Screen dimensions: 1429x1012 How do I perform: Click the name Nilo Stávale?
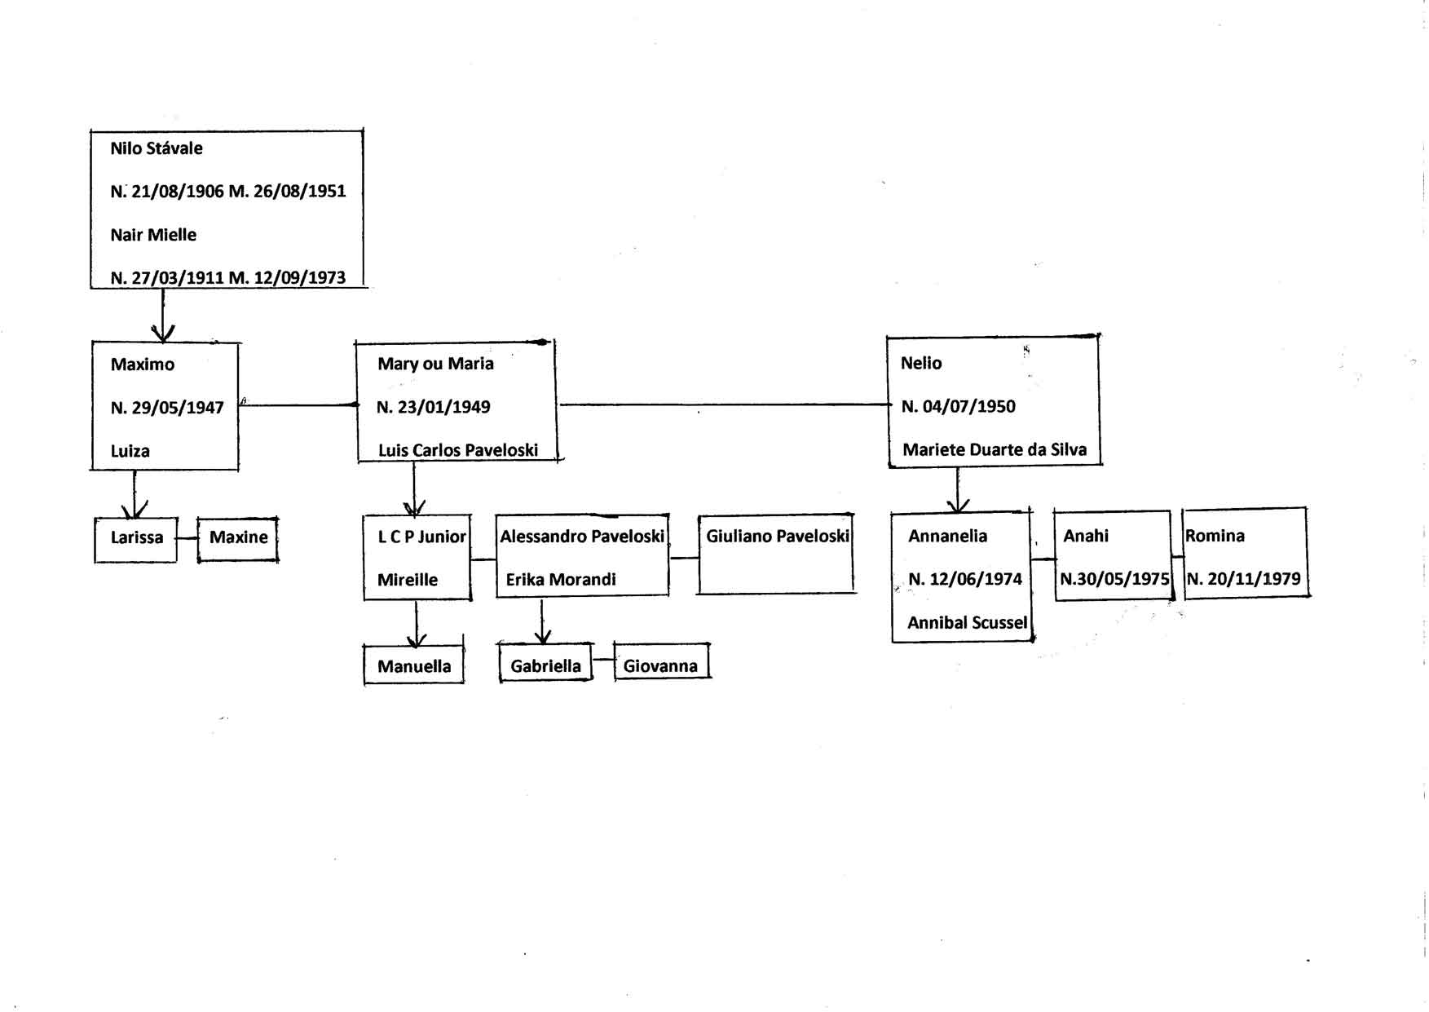[157, 148]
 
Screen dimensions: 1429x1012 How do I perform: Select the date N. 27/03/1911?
[167, 277]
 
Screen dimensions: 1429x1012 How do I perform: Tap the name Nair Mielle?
[153, 235]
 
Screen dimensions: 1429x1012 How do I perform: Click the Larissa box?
[135, 539]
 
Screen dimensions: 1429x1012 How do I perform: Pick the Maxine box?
[238, 538]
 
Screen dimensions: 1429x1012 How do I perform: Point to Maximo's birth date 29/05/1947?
[178, 408]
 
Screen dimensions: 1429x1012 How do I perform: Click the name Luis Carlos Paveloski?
[458, 450]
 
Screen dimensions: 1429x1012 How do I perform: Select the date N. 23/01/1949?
[434, 407]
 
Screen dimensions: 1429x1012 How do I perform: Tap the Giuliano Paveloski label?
[778, 536]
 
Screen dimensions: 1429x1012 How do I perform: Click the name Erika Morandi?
[561, 580]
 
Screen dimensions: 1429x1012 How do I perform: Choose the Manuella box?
[414, 664]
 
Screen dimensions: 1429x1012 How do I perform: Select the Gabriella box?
[545, 662]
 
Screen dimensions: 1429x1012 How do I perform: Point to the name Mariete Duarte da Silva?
[995, 449]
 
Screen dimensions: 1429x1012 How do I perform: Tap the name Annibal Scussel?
[968, 623]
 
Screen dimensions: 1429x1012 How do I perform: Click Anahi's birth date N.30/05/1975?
[1114, 579]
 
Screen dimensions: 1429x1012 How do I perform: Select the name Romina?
[1215, 536]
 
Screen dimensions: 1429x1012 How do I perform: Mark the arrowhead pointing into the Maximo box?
[163, 334]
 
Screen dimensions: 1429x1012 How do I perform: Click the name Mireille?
[408, 580]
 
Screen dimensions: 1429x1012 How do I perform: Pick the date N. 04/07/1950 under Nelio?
[959, 406]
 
